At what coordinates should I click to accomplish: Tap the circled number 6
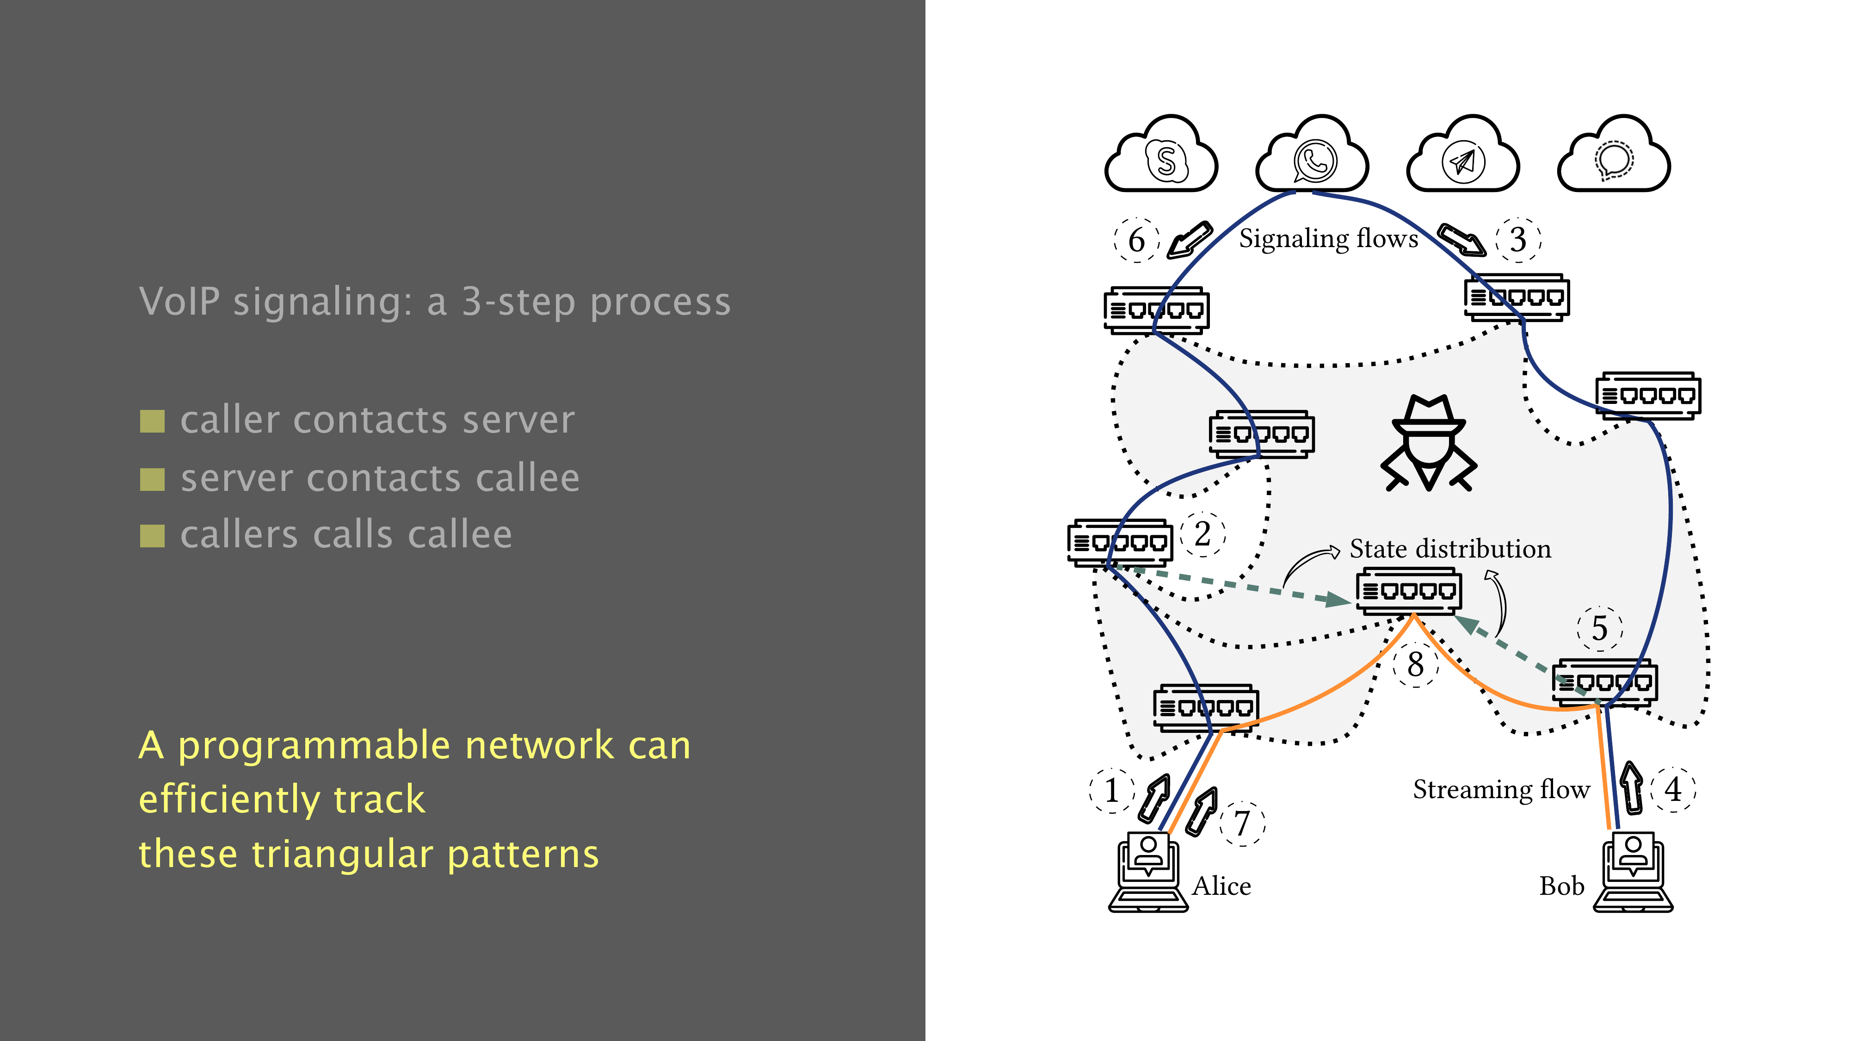(1136, 240)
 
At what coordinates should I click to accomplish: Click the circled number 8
(1416, 664)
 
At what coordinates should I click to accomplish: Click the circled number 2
(1203, 534)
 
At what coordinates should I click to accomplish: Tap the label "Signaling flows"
(1329, 239)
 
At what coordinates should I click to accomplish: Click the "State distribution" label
(1450, 549)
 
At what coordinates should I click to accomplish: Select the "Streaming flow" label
(1501, 790)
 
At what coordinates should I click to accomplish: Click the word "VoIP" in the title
(179, 301)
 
